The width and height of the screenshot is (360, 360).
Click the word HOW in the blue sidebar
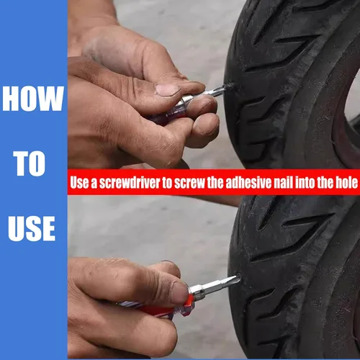33,99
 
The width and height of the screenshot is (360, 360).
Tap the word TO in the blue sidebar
30,163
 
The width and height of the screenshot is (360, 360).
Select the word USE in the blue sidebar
32,228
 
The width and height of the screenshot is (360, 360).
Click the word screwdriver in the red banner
130,182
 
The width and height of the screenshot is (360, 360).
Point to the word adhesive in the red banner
248,182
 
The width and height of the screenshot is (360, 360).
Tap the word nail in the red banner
283,182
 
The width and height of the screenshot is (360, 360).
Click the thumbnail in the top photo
168,90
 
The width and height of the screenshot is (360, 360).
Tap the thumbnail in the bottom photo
179,293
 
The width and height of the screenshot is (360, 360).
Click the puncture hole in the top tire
231,86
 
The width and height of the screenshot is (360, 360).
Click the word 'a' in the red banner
94,184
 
